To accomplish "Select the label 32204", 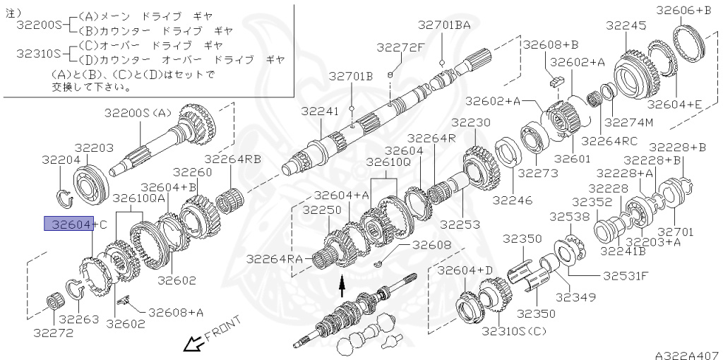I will point(60,160).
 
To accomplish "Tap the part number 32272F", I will point(400,47).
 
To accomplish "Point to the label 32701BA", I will point(443,25).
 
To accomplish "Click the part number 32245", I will point(626,25).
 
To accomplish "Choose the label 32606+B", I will point(683,9).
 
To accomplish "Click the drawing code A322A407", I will point(686,355).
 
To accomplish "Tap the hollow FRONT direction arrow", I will point(191,344).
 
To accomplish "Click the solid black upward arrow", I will point(342,285).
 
